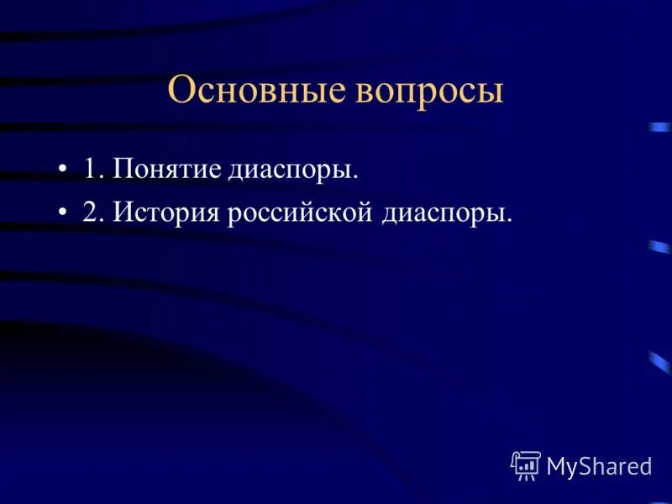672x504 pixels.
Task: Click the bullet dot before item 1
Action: (63, 171)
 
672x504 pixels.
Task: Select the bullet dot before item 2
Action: (63, 213)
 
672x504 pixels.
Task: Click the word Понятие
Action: (166, 170)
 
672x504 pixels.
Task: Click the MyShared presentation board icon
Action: (526, 465)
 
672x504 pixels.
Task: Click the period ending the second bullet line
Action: (509, 221)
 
